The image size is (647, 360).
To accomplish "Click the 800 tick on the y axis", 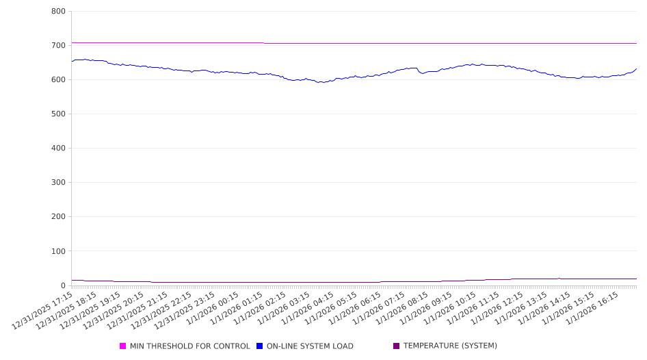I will (x=58, y=12).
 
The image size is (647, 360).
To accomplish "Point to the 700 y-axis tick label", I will (x=58, y=46).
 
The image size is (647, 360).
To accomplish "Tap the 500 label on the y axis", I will (x=58, y=114).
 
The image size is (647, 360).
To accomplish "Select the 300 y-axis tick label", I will (x=58, y=183).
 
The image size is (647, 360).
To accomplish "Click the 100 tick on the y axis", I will (x=58, y=251).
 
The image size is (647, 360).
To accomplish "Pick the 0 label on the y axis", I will (x=62, y=285).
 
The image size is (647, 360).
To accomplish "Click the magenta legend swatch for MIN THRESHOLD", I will (x=123, y=346).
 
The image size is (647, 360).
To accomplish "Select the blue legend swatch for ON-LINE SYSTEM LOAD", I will (x=260, y=346).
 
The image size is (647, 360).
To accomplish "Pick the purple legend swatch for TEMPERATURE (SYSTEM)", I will (x=397, y=346).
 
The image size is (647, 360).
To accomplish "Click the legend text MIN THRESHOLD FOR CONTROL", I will (x=189, y=346).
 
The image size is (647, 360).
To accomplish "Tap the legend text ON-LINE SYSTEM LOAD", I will (x=310, y=346).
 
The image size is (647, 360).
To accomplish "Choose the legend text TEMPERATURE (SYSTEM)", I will (x=450, y=346).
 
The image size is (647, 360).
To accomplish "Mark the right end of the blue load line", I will (x=637, y=68).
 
